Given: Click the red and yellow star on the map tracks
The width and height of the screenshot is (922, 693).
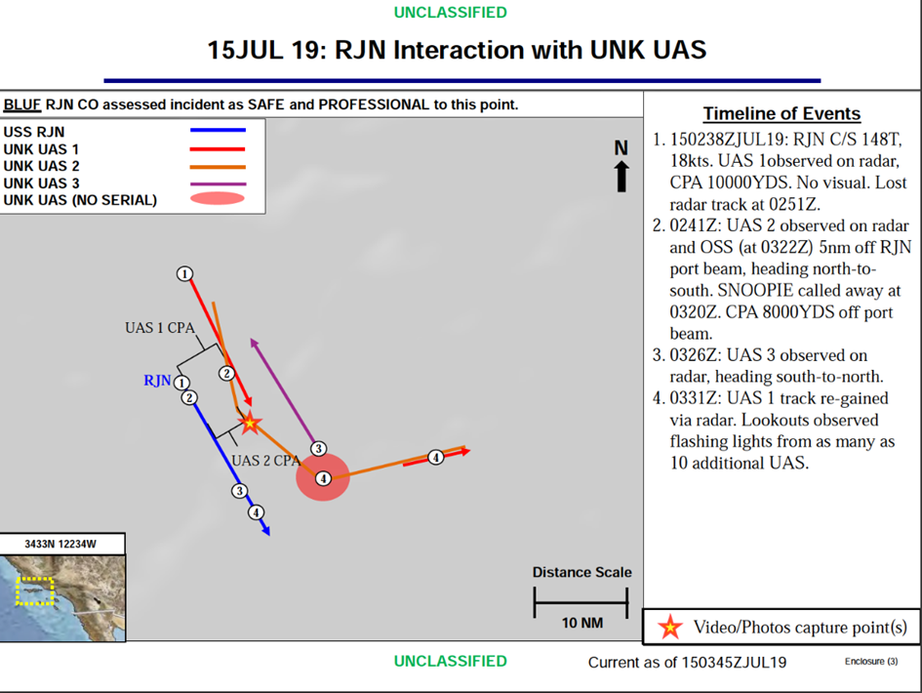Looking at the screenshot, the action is coord(250,423).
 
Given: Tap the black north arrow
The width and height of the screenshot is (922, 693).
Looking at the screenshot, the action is coord(621,177).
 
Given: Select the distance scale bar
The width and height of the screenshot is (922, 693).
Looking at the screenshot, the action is coord(581,603).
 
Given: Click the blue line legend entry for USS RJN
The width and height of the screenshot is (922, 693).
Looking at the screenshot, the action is coord(218,130).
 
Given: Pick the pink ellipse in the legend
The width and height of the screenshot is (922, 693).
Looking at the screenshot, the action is coord(217,198).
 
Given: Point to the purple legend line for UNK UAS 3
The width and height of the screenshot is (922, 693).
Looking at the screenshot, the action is coord(218,184).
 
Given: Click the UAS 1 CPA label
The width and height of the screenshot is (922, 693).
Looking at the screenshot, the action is coord(160,328).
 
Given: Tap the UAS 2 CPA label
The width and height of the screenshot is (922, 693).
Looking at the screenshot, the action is coord(265,461).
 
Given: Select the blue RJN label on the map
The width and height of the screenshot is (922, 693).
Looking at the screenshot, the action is coord(157,381).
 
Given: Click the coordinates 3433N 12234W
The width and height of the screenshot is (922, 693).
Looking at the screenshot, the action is coord(60,545).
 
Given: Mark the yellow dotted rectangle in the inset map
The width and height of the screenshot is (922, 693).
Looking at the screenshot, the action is coord(35,591).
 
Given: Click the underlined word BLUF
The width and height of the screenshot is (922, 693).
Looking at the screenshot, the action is coord(21,104).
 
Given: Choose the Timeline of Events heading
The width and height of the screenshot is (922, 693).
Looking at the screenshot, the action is coord(782,113).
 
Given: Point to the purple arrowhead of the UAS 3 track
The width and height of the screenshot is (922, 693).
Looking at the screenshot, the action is coord(254,343).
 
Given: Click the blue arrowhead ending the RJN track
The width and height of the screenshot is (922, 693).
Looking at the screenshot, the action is coord(265,531).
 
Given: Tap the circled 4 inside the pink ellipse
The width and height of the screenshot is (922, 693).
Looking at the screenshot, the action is coord(323,479).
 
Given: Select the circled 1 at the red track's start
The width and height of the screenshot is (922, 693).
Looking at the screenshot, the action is coord(184,273).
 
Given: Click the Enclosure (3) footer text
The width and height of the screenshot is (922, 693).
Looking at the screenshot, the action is coord(871,661).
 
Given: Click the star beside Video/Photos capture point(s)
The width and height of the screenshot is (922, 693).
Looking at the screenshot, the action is coord(669,627).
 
